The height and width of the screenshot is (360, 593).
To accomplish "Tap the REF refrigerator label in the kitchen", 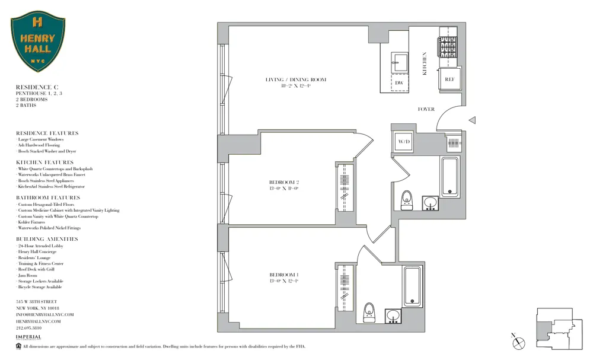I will coord(449,79).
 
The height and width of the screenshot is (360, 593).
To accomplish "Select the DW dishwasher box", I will coord(399,83).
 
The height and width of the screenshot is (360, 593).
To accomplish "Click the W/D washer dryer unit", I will coord(404,142).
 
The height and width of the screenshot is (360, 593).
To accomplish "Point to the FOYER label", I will coord(426,109).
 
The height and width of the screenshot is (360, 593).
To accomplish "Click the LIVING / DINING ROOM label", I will coord(295,79).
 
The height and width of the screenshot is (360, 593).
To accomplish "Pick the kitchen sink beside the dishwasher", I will coord(399,62).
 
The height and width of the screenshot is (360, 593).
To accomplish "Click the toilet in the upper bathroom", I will coord(407,199).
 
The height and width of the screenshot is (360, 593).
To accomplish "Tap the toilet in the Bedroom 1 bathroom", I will coord(369,310).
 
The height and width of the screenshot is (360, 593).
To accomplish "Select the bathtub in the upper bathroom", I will coord(450,177).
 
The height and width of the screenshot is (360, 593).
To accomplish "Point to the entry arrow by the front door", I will coord(472,120).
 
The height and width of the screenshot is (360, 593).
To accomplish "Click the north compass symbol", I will coord(518,342).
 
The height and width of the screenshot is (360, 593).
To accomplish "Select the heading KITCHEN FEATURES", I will coord(44,162).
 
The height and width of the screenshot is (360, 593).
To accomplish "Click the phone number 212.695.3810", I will coord(28,327).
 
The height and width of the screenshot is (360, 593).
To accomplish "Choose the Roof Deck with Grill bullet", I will coord(37,269).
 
